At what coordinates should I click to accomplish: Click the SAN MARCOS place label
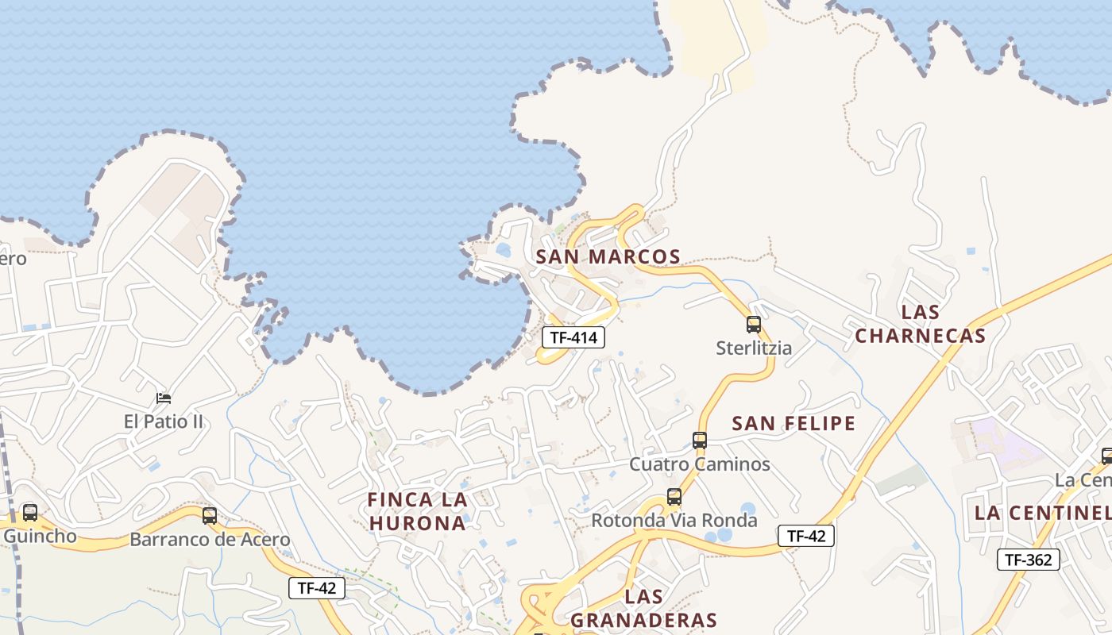point(608,257)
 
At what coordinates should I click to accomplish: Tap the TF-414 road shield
point(573,337)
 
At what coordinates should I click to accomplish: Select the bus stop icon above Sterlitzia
point(753,325)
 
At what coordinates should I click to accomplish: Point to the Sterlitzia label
point(753,348)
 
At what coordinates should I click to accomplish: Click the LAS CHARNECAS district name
point(920,323)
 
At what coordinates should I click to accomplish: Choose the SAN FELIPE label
point(793,423)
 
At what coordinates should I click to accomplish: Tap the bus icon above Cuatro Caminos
point(700,441)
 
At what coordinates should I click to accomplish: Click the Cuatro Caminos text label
point(700,464)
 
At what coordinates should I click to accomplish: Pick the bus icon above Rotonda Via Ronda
point(674,498)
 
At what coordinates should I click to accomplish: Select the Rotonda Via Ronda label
point(674,521)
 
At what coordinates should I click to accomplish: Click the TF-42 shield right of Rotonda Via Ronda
point(806,536)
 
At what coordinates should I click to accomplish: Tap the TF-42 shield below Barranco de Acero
point(316,588)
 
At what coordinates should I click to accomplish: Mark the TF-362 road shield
point(1029,560)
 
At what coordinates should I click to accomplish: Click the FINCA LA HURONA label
point(417,511)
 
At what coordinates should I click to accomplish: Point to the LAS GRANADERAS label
point(643,608)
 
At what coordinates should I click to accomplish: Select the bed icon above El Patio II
point(164,398)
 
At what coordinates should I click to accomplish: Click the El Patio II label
point(164,421)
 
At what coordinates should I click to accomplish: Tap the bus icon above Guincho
point(30,513)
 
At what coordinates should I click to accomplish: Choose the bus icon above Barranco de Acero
point(210,516)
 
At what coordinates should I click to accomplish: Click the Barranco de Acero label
point(210,540)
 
